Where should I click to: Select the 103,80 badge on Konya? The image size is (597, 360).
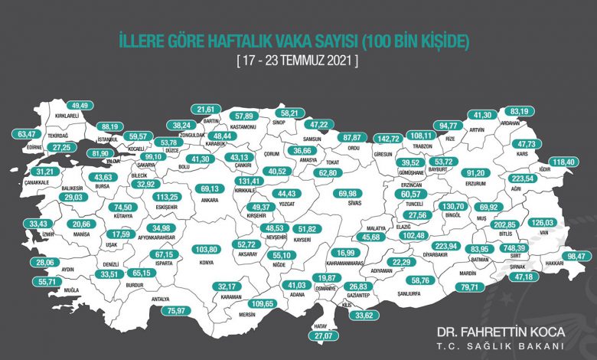[204, 249]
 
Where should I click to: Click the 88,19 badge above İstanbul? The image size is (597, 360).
[112, 126]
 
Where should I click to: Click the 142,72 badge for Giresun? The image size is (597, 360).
[391, 139]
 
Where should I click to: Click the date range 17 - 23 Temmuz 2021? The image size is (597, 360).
[298, 58]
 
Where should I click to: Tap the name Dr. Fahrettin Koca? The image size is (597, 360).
[501, 333]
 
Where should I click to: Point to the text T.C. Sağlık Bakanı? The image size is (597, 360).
[501, 346]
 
